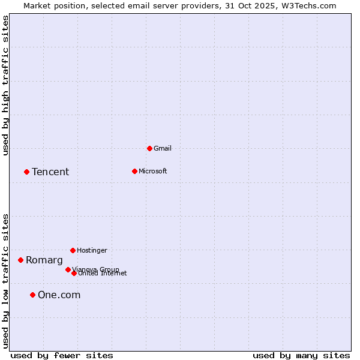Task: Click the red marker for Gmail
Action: pyautogui.click(x=149, y=148)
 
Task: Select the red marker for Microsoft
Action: pyautogui.click(x=134, y=171)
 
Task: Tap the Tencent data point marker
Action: pyautogui.click(x=26, y=172)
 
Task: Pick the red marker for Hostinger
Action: pyautogui.click(x=73, y=250)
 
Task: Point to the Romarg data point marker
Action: pyautogui.click(x=20, y=260)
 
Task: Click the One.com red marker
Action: pyautogui.click(x=32, y=295)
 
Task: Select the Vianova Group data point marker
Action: pyautogui.click(x=68, y=269)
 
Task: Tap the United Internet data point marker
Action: pyautogui.click(x=74, y=273)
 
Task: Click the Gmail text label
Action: pyautogui.click(x=163, y=148)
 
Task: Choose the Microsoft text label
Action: pyautogui.click(x=152, y=171)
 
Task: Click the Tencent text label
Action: pyautogui.click(x=50, y=172)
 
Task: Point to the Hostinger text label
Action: pyautogui.click(x=92, y=250)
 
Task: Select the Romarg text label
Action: pyautogui.click(x=44, y=260)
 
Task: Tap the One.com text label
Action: pyautogui.click(x=59, y=295)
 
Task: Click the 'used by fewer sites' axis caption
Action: pyautogui.click(x=62, y=355)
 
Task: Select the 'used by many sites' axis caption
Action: pyautogui.click(x=301, y=355)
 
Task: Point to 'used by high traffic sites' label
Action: pyautogui.click(x=6, y=85)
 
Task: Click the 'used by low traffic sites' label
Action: pyautogui.click(x=6, y=280)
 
